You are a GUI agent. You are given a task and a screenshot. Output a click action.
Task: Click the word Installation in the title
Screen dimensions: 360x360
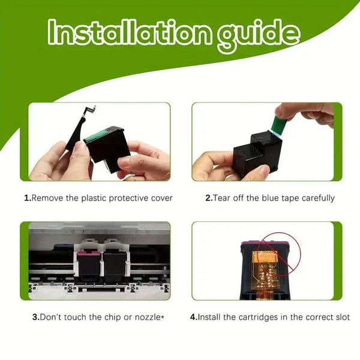(129, 32)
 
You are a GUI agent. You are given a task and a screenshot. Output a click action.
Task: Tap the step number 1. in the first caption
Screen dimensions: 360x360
(28, 198)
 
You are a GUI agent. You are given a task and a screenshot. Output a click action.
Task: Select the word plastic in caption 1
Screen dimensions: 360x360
(94, 198)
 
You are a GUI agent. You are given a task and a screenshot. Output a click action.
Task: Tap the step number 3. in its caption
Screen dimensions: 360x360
(36, 317)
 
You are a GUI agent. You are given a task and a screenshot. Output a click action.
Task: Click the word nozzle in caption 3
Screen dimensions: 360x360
(148, 317)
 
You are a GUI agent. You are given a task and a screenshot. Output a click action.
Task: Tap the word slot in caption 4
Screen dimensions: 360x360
(341, 317)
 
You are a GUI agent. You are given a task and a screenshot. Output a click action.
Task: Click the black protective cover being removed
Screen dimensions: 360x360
(79, 129)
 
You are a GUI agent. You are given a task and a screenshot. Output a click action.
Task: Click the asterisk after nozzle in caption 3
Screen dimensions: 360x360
(163, 317)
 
